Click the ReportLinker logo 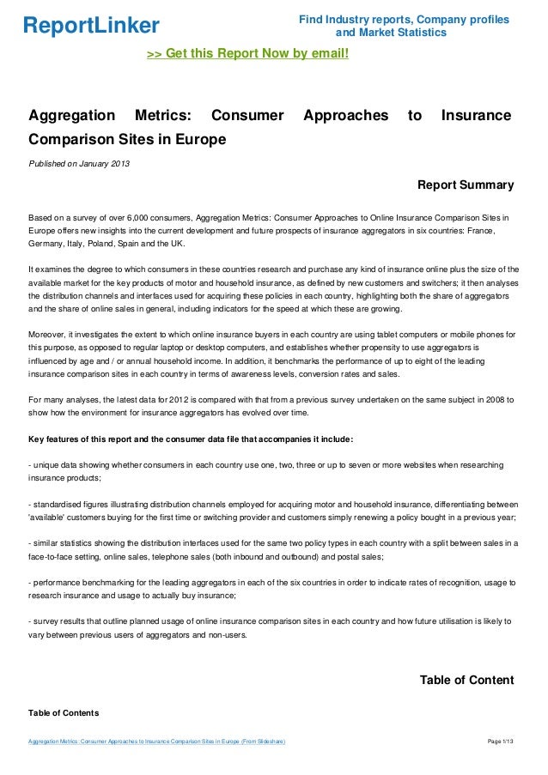click(x=91, y=25)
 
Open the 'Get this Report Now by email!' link click(x=248, y=54)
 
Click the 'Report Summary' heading click(x=465, y=185)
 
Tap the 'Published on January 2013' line click(x=79, y=164)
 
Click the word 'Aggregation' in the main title click(x=72, y=115)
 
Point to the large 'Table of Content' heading click(x=466, y=681)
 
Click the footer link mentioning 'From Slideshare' click(x=156, y=741)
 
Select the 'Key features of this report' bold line click(x=190, y=440)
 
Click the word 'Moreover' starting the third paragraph click(x=48, y=334)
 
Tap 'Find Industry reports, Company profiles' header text click(x=404, y=20)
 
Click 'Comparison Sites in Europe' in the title click(x=127, y=137)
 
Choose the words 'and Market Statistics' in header click(x=391, y=33)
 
